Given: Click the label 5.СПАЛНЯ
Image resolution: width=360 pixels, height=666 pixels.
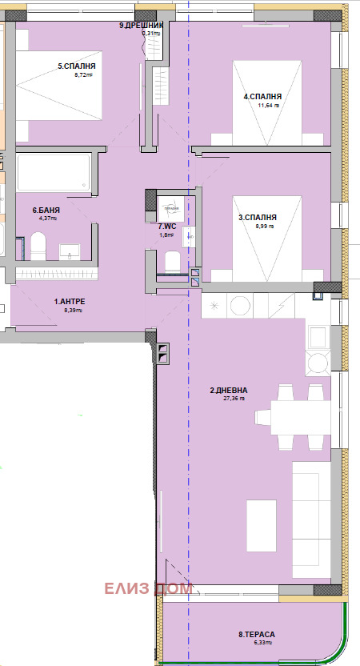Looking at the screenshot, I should click(77, 66).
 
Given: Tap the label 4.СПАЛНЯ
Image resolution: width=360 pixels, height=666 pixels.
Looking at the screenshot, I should click(262, 96).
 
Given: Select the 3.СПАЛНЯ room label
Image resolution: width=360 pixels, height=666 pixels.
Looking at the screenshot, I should click(258, 217).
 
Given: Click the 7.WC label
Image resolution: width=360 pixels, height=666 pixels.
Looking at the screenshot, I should click(166, 227).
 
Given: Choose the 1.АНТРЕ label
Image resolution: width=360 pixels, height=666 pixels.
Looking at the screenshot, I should click(70, 301).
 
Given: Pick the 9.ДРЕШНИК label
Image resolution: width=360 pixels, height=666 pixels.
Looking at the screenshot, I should click(142, 26).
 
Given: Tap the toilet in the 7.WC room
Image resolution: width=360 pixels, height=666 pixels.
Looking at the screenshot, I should click(170, 261).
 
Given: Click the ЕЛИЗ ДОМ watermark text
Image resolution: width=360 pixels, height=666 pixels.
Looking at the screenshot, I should click(149, 589).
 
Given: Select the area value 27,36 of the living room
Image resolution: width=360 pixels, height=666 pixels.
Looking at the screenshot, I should click(234, 399).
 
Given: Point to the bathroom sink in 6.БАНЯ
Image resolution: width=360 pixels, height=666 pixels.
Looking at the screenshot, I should click(75, 250).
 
